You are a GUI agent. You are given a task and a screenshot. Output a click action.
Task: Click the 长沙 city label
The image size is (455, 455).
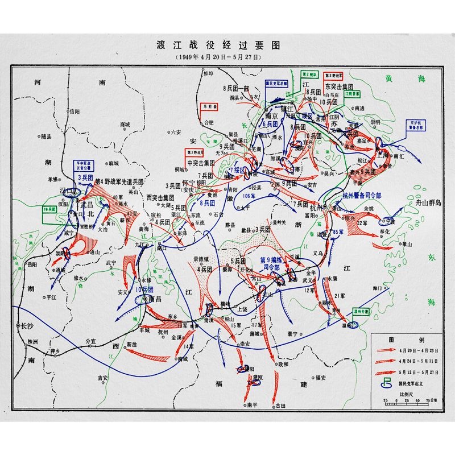click(27, 326)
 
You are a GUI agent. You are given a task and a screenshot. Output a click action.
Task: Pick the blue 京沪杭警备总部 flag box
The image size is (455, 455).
click(416, 125)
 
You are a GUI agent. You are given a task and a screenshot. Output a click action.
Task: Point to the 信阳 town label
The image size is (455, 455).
click(75, 112)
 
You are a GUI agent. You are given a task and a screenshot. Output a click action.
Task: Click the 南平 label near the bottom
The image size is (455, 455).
click(253, 404)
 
